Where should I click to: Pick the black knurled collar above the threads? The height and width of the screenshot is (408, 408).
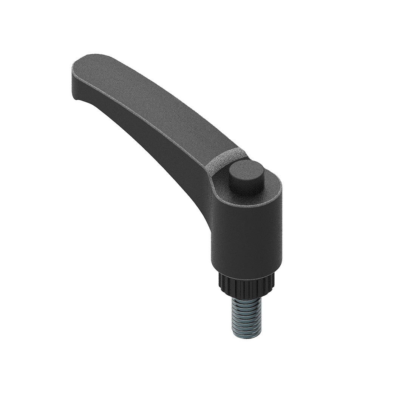coord(246,287)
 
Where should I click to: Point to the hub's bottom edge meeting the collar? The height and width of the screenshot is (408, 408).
coord(246,273)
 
